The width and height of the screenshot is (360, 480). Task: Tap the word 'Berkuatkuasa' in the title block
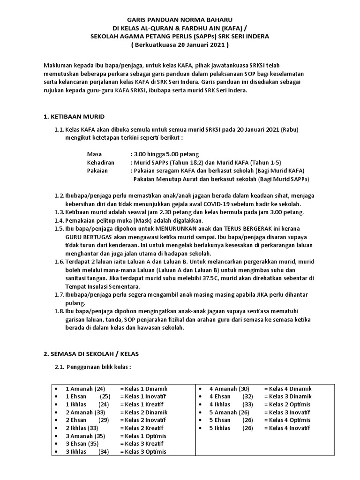[x=157, y=46]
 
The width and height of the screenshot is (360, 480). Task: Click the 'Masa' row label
[x=94, y=154]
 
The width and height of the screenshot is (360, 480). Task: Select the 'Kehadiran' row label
[x=100, y=162]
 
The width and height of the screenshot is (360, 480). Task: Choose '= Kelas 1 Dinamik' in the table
[x=143, y=389]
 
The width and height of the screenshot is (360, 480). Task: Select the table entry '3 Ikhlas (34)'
[x=87, y=452]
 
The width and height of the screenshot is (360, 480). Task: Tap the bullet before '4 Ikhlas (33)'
[x=200, y=405]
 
